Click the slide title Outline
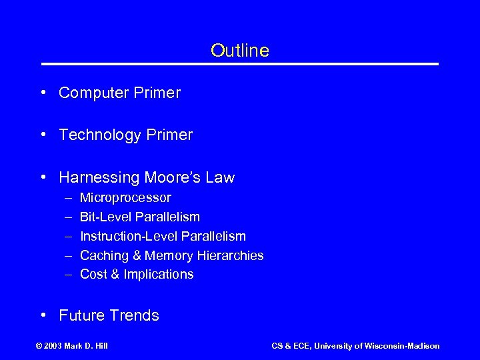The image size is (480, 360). pos(239,51)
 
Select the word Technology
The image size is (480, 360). pos(100,135)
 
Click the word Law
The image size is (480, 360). pos(220,178)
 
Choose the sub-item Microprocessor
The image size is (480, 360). pos(125,198)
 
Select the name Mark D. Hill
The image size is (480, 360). pos(89,346)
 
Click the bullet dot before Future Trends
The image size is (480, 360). pos(43,316)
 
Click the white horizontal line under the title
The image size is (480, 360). pos(240,64)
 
